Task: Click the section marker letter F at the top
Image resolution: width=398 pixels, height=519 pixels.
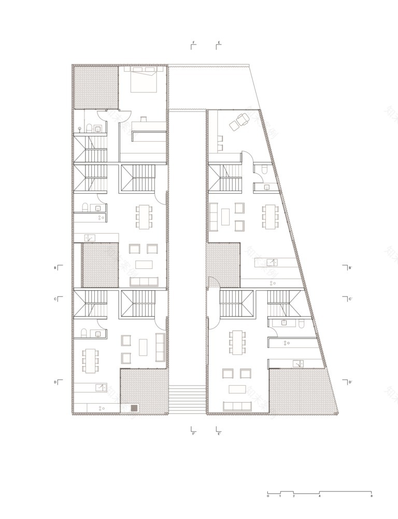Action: (194, 42)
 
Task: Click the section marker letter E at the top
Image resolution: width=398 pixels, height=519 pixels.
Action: (219, 42)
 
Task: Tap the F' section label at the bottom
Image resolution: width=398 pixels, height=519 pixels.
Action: (193, 433)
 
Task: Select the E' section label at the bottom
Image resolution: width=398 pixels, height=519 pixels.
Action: (219, 433)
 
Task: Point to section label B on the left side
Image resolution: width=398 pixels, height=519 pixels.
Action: (54, 268)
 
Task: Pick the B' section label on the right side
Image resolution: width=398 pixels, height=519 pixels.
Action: (350, 268)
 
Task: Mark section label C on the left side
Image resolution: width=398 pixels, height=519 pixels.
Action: (54, 299)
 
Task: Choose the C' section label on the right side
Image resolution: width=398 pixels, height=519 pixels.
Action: (350, 299)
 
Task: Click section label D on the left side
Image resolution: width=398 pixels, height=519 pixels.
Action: (54, 382)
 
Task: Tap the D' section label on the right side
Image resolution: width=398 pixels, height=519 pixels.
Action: (350, 382)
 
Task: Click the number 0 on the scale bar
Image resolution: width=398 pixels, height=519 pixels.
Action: (268, 496)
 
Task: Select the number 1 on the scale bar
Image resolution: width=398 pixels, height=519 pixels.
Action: (280, 496)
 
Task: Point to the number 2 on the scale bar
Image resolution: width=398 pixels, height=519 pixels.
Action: (293, 496)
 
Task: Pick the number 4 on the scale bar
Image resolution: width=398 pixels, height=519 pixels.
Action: (320, 496)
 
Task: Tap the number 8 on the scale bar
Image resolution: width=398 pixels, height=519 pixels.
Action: (372, 496)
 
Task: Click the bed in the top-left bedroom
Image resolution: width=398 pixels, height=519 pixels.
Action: (143, 79)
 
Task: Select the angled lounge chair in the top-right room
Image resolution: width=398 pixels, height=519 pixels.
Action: (239, 121)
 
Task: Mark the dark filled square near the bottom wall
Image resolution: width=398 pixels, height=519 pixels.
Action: (134, 408)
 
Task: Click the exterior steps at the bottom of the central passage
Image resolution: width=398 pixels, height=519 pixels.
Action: (187, 399)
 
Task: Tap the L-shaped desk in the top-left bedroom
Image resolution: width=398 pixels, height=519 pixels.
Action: (145, 130)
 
